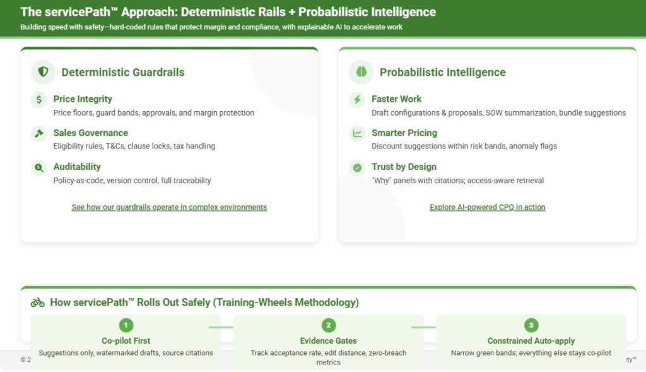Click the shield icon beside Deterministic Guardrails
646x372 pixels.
[x=44, y=72]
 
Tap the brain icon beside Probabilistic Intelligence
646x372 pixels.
[x=361, y=72]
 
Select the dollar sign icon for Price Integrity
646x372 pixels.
[x=38, y=99]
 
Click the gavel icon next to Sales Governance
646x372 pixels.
[x=38, y=133]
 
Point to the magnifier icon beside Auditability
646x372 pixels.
[x=38, y=167]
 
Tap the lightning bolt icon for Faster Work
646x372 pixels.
[x=357, y=99]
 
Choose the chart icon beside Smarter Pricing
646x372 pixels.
[x=357, y=133]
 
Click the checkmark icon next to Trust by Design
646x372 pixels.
[x=357, y=167]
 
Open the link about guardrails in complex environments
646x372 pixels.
[x=169, y=207]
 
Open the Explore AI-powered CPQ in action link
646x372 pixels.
[x=488, y=207]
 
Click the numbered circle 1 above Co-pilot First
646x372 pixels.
[x=126, y=325]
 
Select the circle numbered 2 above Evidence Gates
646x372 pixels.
[x=328, y=325]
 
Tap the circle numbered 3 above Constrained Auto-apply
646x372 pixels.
[x=531, y=325]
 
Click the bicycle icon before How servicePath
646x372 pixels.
[x=37, y=303]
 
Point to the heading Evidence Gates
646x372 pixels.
[x=328, y=340]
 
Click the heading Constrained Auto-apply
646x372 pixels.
[x=531, y=340]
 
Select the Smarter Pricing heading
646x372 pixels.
[x=404, y=133]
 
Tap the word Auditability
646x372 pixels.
[x=77, y=167]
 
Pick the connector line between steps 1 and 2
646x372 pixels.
[x=221, y=327]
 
